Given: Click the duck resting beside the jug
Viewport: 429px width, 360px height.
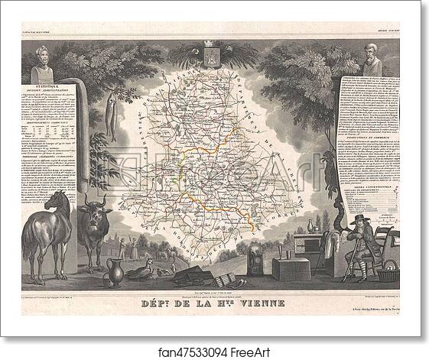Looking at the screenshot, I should (142, 268).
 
